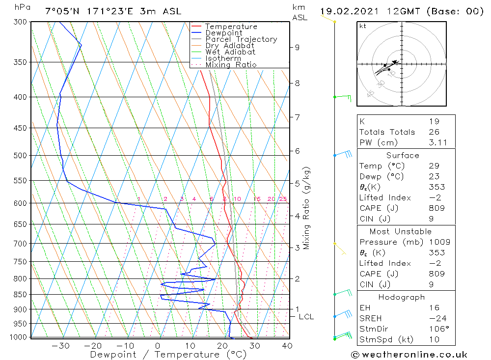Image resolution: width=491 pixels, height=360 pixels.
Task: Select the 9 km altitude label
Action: point(297,48)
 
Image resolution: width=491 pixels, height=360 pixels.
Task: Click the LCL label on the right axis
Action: point(306,317)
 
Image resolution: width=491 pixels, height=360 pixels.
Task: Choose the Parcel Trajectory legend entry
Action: point(241,39)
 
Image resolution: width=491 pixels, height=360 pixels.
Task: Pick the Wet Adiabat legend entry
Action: point(230,52)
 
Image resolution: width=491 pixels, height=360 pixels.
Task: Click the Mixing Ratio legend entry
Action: point(231,65)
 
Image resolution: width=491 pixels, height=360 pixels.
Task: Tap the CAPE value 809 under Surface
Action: point(436,208)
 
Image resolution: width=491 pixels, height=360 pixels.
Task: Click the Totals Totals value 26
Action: point(434,132)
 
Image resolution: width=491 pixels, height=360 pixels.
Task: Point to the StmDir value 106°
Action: point(436,329)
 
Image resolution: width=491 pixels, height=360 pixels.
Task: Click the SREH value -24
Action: point(436,318)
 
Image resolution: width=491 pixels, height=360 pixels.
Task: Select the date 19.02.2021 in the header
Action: point(347,11)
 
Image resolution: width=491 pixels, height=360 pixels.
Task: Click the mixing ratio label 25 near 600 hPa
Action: point(283,199)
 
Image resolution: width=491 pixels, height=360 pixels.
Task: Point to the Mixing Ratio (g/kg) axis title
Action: point(306,208)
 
